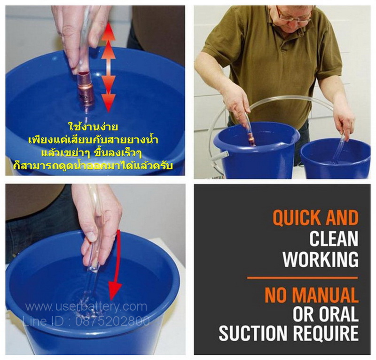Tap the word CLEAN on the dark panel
click(334, 239)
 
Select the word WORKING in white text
click(321, 259)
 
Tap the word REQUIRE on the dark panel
click(326, 333)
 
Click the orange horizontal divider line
click(303, 278)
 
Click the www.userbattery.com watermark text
click(86, 307)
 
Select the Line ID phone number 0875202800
click(113, 321)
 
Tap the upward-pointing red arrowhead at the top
click(109, 31)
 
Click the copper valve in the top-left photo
click(85, 89)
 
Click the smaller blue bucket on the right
click(335, 159)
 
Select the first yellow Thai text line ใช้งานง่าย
click(93, 126)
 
